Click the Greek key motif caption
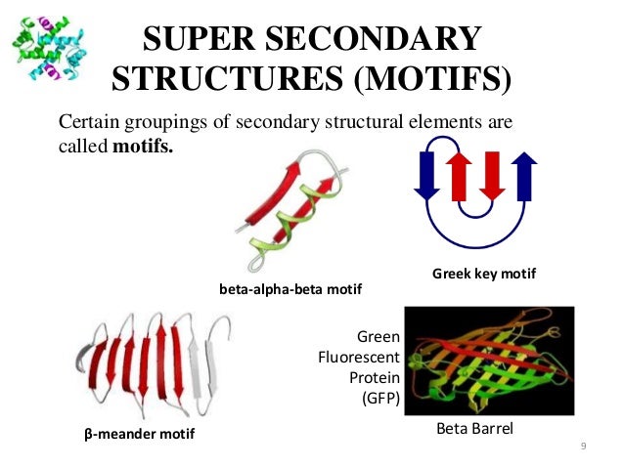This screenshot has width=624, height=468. click(484, 275)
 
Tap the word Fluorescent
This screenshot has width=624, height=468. click(359, 358)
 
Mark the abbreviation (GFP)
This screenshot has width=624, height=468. click(375, 399)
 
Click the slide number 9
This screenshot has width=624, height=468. click(583, 447)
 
